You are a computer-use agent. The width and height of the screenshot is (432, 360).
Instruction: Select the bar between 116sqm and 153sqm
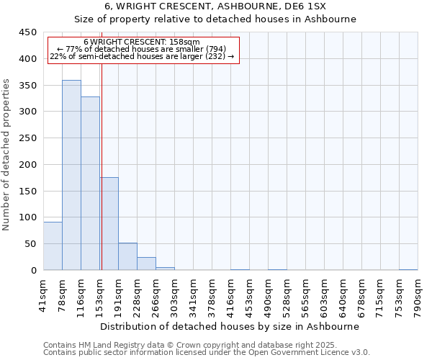[90, 184]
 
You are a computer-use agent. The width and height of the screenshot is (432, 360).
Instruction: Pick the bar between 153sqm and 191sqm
[109, 223]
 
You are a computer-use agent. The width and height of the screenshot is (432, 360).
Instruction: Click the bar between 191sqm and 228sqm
[127, 257]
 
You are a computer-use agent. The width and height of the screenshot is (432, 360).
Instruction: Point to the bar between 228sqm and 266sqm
[146, 264]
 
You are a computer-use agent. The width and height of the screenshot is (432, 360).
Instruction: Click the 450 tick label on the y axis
[28, 32]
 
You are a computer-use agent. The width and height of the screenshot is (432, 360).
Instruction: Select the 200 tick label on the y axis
[28, 165]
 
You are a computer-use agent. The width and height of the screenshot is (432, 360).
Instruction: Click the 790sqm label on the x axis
[418, 295]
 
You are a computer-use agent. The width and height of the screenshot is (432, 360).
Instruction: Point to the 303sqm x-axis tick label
[175, 295]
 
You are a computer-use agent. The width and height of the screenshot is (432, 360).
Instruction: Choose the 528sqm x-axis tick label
[287, 295]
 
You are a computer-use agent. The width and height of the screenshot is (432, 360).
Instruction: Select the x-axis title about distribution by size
[230, 326]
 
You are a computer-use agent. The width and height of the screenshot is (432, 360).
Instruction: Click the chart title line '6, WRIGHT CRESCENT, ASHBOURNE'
[215, 6]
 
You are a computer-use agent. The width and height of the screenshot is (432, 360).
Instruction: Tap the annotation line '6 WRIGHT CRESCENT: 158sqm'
[142, 42]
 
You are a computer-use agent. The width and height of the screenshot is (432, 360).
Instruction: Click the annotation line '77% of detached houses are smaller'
[142, 49]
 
